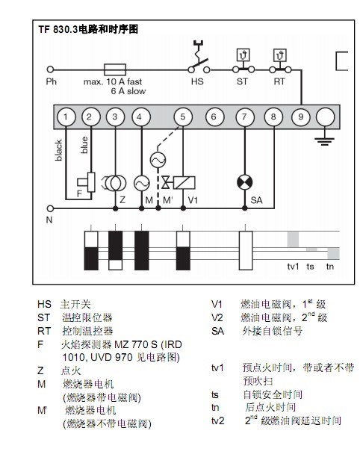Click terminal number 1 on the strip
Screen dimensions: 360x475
coord(66,117)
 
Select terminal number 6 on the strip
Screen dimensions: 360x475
coord(214,117)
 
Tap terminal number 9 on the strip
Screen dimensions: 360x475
coord(300,117)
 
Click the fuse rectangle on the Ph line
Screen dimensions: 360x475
coord(115,69)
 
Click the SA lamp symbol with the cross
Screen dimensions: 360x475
coord(244,182)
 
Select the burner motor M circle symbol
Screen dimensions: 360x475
coord(141,183)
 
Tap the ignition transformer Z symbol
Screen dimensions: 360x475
coord(115,183)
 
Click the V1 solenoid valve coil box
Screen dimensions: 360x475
coord(184,183)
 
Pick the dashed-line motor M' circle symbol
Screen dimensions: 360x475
coord(158,160)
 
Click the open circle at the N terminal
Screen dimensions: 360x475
coord(50,208)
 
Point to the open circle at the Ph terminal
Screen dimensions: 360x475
coord(50,69)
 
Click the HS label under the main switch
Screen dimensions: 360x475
coord(197,81)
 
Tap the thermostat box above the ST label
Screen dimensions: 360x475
coord(243,55)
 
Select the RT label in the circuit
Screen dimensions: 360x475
coord(279,81)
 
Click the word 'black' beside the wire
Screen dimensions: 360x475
coord(59,150)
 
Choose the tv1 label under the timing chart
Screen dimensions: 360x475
coord(293,267)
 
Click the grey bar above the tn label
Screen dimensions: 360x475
coord(333,253)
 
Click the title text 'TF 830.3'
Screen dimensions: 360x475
coord(58,29)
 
